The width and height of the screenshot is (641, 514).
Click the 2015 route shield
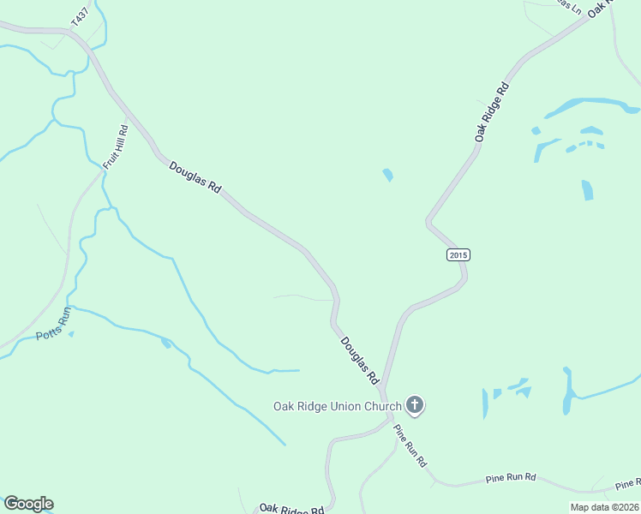(x=458, y=255)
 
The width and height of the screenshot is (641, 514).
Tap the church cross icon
(x=415, y=405)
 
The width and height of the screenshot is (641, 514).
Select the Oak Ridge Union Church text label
(x=337, y=406)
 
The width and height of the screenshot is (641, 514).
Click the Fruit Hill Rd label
(x=115, y=146)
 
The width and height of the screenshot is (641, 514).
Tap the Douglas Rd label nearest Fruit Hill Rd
(x=195, y=176)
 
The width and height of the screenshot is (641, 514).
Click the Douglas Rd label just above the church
(x=359, y=359)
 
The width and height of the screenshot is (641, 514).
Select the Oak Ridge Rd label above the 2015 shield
(x=493, y=111)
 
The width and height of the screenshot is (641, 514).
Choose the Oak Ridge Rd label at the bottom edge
(x=291, y=509)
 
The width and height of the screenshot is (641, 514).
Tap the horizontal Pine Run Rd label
(x=510, y=477)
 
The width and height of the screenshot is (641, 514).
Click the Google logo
(x=28, y=504)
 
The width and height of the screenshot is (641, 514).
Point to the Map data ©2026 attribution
(x=604, y=507)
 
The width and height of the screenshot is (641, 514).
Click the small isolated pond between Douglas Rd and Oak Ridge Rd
(x=388, y=175)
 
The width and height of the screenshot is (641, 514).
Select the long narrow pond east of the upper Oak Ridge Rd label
(x=591, y=107)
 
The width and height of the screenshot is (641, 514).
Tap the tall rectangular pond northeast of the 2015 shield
(x=587, y=189)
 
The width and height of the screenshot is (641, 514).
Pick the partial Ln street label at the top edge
(x=566, y=6)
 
